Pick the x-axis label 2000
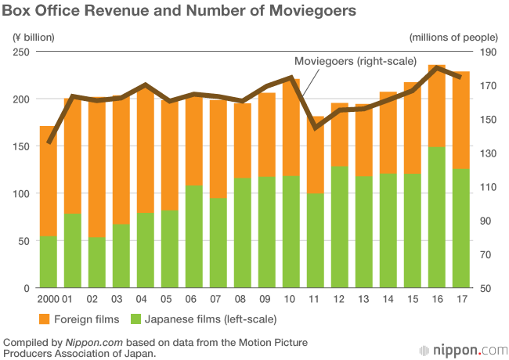click(48, 300)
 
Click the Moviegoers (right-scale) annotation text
click(355, 61)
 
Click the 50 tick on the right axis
click(486, 288)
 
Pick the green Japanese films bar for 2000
click(48, 261)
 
